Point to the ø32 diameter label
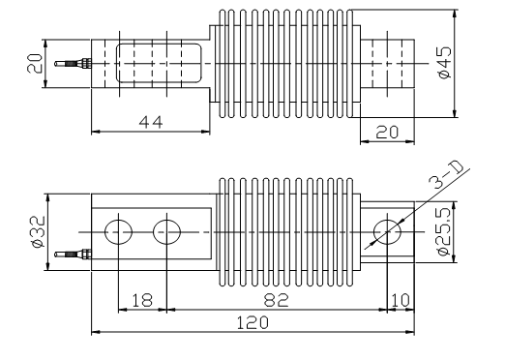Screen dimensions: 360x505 pyautogui.click(x=34, y=232)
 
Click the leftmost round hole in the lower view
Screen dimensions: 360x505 pyautogui.click(x=119, y=232)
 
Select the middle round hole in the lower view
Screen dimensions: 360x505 pyautogui.click(x=166, y=232)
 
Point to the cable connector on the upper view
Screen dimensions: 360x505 pyautogui.click(x=71, y=65)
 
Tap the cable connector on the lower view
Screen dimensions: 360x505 pyautogui.click(x=71, y=255)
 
